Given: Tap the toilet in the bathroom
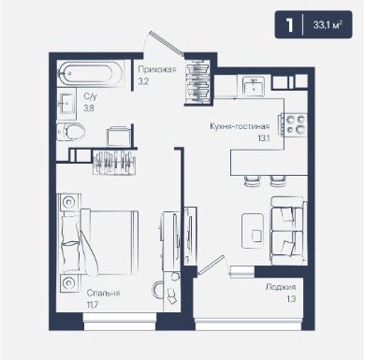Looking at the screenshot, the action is tap(71, 132).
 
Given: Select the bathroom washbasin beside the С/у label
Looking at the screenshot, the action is tap(66, 104).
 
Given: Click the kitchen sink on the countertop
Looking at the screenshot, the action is tap(254, 85).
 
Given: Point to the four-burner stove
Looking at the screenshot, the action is tap(295, 124).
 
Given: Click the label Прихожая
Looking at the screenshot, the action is tap(157, 69).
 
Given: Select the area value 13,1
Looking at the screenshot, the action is tap(264, 138).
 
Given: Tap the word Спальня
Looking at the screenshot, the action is tap(103, 293).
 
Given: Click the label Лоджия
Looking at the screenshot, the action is tap(281, 287).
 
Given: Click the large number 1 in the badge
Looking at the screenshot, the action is tap(290, 24).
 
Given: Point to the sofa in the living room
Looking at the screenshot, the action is tap(288, 230).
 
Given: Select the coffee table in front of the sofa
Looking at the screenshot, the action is tap(253, 231).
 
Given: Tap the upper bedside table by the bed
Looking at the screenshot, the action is tap(68, 202).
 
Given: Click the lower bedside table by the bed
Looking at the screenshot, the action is tap(68, 283).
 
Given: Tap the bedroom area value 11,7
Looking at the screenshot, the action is tap(93, 304).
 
